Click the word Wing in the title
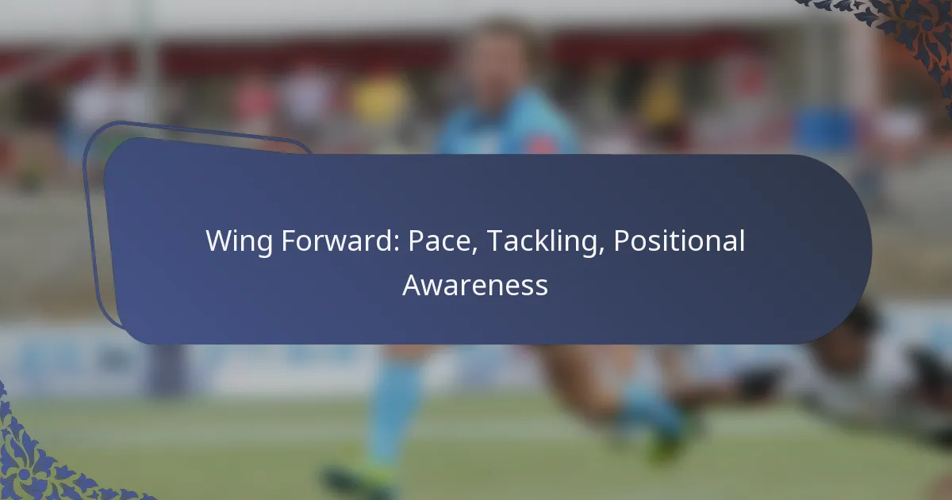[239, 241]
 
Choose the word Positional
[679, 240]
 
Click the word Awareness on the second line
[475, 285]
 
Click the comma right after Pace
[474, 252]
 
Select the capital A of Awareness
[413, 285]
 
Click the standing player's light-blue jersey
[507, 123]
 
